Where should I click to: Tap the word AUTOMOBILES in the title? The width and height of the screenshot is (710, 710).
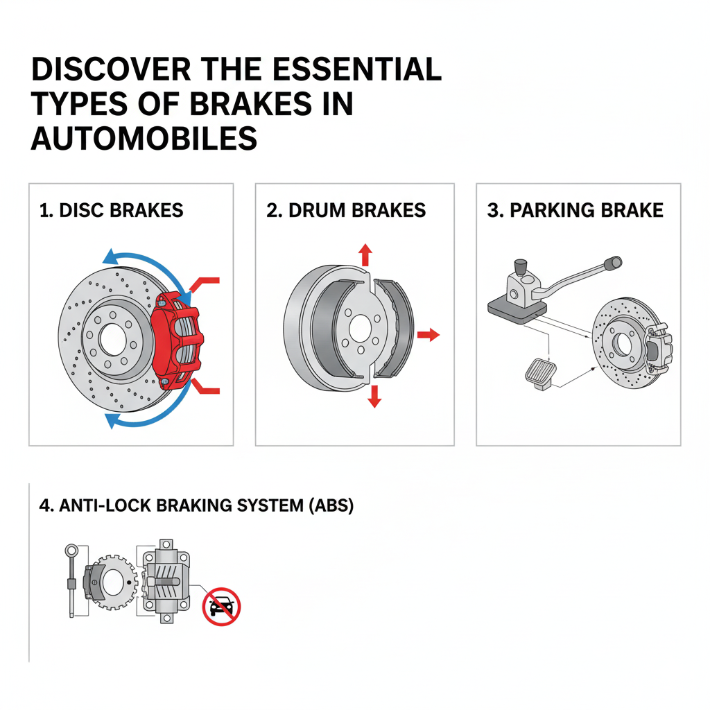(144, 139)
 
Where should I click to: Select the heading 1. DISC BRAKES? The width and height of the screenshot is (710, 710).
(112, 210)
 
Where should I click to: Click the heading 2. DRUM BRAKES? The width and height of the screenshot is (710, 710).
(346, 210)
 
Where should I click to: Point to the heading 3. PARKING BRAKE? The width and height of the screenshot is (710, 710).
(575, 210)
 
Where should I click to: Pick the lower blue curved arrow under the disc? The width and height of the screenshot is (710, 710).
(142, 418)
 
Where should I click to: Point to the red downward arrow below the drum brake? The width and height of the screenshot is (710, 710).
(374, 396)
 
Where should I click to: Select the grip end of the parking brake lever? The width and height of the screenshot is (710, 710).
(613, 263)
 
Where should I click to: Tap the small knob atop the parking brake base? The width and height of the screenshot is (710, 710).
(518, 267)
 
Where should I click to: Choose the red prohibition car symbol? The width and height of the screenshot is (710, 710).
(221, 607)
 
